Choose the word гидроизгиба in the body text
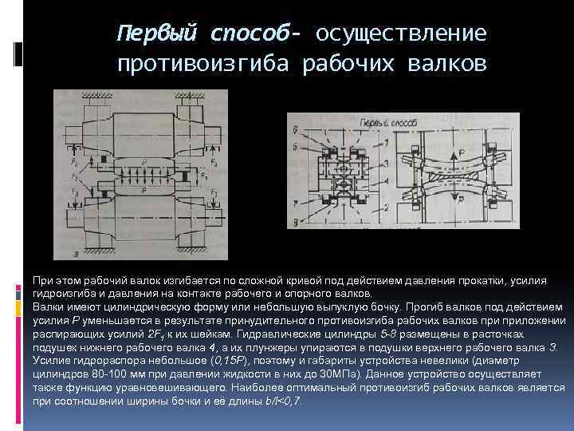tap(61, 293)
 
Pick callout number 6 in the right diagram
tap(296, 129)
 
